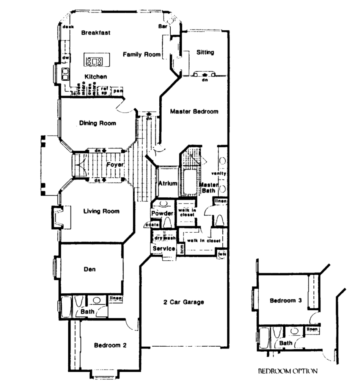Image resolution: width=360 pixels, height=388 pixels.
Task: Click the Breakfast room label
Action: coord(96,33)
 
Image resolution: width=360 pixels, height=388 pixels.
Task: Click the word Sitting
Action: coord(205,52)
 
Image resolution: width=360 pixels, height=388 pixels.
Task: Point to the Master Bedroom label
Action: coord(194,111)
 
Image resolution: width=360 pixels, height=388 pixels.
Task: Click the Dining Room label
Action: coord(97,123)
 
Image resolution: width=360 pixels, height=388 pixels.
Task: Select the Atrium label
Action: coord(168,184)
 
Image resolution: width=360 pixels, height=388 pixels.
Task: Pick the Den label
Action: coord(90,270)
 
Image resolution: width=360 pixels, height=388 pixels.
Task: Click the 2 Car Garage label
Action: coord(184,302)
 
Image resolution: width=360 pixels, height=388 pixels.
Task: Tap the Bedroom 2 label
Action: coord(110,345)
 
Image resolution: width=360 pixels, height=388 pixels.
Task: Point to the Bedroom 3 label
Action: coord(286,301)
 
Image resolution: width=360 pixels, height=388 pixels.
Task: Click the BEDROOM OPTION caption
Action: coord(288,371)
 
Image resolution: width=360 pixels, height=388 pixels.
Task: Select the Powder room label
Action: coord(162,213)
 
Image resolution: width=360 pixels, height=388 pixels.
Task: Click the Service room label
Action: coord(164,249)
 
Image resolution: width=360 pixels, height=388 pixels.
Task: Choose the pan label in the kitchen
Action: coord(118,91)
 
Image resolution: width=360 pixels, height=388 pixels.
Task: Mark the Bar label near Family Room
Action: coord(162,27)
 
